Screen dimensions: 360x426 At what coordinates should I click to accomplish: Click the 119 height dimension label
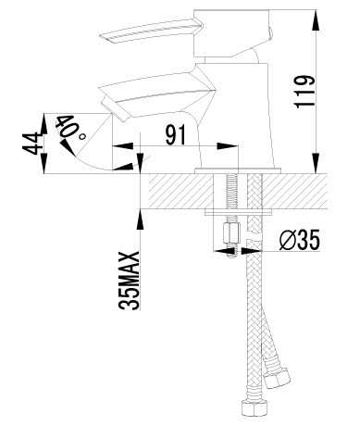point(304,92)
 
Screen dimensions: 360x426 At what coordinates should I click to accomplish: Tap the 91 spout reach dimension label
point(176,135)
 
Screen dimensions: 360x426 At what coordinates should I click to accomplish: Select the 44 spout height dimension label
point(31,144)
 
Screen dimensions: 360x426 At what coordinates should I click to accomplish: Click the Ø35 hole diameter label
point(299,240)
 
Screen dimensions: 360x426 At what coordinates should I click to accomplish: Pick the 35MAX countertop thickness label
point(129,281)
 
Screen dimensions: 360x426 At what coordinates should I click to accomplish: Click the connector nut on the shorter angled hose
point(277,374)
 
